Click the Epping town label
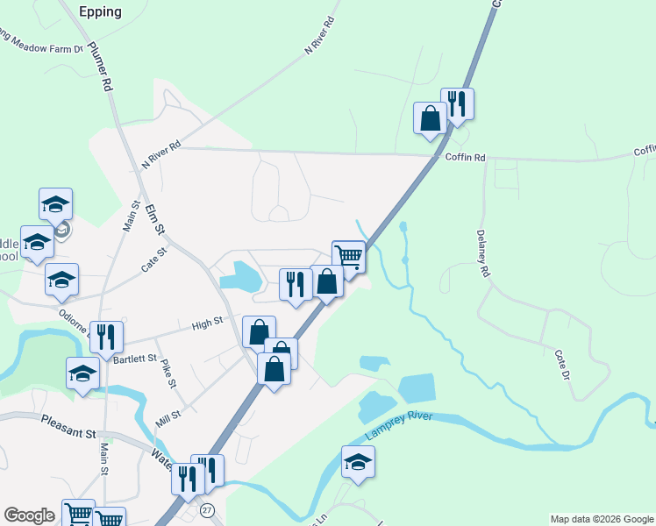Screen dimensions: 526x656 click(x=100, y=12)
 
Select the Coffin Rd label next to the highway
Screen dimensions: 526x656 click(x=465, y=158)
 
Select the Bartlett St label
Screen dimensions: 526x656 click(x=134, y=359)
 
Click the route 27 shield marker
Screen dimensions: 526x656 click(x=207, y=509)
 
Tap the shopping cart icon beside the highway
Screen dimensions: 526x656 click(x=348, y=256)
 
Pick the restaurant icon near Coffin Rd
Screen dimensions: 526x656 click(x=456, y=103)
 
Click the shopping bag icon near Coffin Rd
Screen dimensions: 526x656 click(x=431, y=117)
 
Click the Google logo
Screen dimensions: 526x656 click(x=29, y=515)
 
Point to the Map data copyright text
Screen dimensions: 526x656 click(x=601, y=519)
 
